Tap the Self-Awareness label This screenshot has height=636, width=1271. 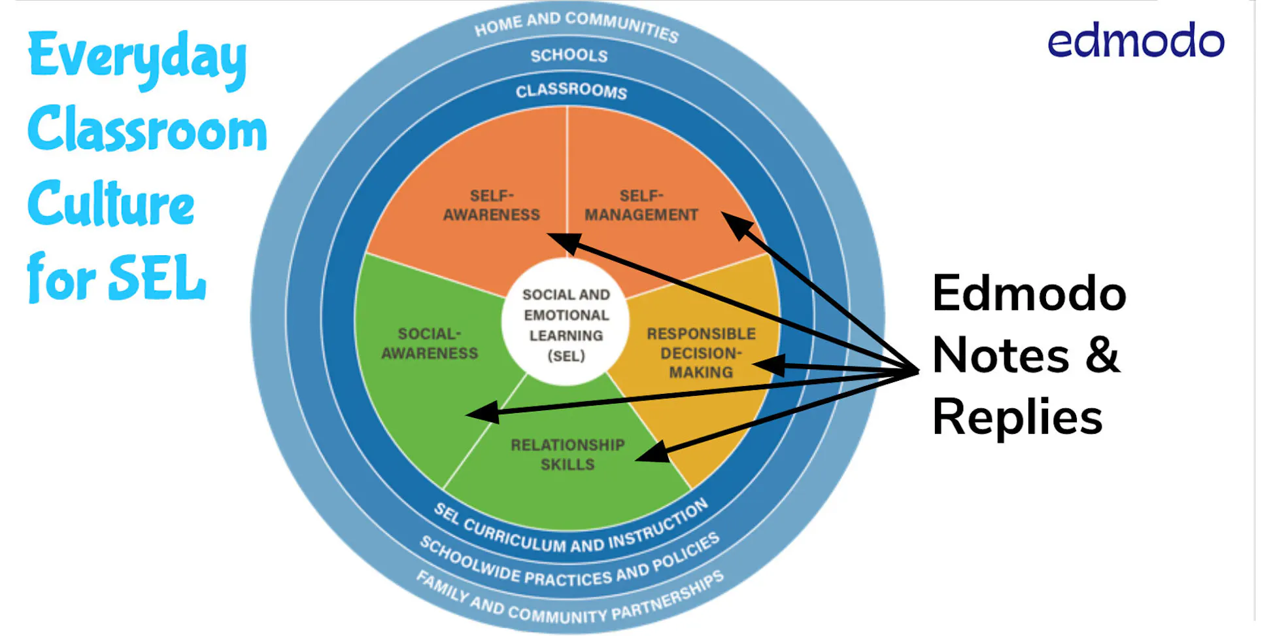(492, 205)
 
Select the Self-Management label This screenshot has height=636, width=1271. (641, 205)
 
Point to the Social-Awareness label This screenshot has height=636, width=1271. (430, 344)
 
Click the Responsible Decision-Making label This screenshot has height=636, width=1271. (701, 353)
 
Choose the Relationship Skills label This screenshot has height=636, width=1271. (568, 455)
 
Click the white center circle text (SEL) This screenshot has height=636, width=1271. (566, 325)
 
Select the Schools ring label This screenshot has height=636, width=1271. (569, 56)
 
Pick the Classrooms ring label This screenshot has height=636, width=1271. (571, 90)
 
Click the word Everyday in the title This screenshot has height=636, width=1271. (137, 58)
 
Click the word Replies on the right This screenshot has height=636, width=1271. (1017, 417)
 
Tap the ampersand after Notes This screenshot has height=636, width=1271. (1102, 355)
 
